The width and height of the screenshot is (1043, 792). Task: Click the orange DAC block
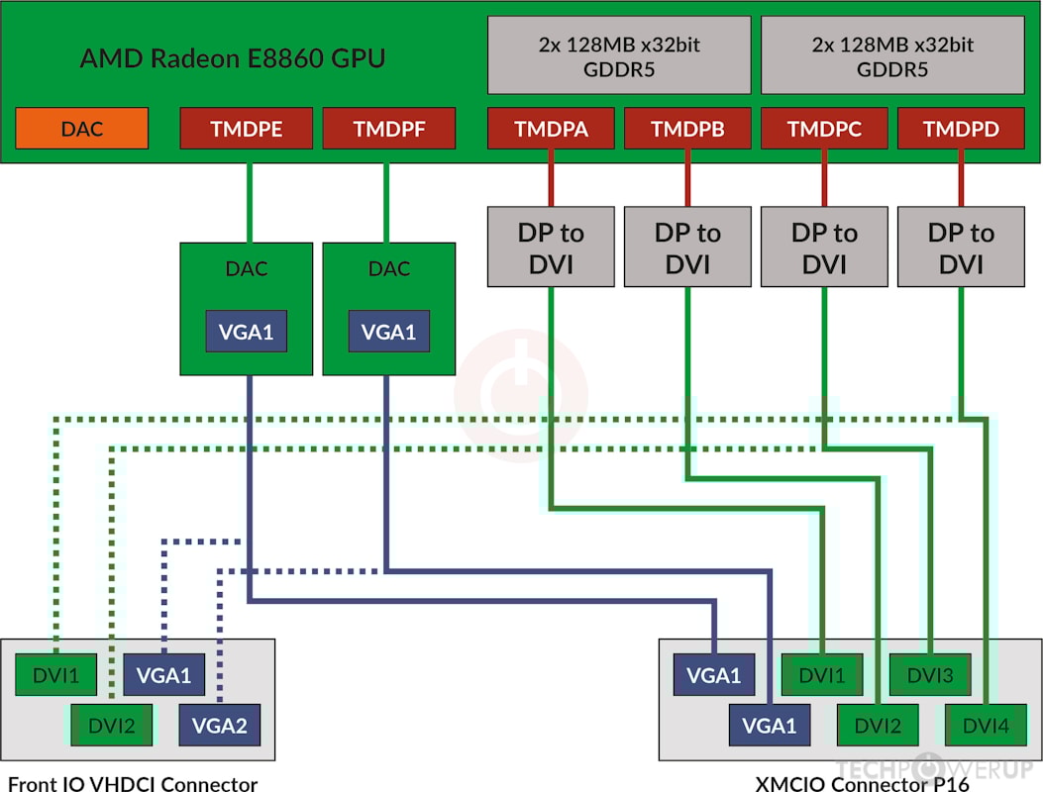(x=82, y=130)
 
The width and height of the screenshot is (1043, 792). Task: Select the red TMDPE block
(x=246, y=130)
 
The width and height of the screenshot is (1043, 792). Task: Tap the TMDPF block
(x=388, y=130)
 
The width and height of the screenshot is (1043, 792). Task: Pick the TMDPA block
(x=550, y=130)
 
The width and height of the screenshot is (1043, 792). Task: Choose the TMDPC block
(x=822, y=130)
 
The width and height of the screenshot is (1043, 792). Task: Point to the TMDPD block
(x=960, y=130)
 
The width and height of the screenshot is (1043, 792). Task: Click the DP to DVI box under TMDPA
(x=550, y=247)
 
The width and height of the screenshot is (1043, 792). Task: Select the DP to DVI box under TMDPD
(x=960, y=247)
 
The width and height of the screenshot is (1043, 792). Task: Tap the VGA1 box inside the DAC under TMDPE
(x=247, y=332)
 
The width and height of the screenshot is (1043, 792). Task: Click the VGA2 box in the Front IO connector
(x=219, y=726)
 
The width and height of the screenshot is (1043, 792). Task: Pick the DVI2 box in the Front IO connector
(x=112, y=726)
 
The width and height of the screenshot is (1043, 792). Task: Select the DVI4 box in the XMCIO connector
(x=986, y=726)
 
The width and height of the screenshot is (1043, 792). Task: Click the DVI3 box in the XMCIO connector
(x=929, y=676)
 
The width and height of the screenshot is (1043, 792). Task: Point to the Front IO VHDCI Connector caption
(x=133, y=783)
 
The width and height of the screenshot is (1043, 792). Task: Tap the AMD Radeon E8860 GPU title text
(x=233, y=58)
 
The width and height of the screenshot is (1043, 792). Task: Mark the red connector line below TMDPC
(x=823, y=178)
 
